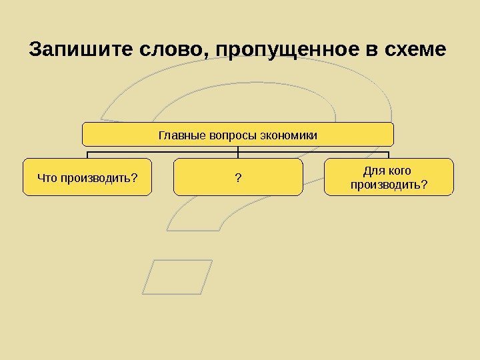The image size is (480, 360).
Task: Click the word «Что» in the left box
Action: [x=48, y=177]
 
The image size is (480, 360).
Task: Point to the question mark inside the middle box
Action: [x=238, y=177]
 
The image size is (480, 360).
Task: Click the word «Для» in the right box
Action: [x=372, y=171]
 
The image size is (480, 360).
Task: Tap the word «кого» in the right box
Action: [x=399, y=171]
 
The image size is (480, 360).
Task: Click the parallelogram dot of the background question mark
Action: [x=177, y=277]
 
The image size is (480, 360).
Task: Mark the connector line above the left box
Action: [x=87, y=154]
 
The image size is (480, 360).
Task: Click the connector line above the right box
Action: [x=389, y=154]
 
